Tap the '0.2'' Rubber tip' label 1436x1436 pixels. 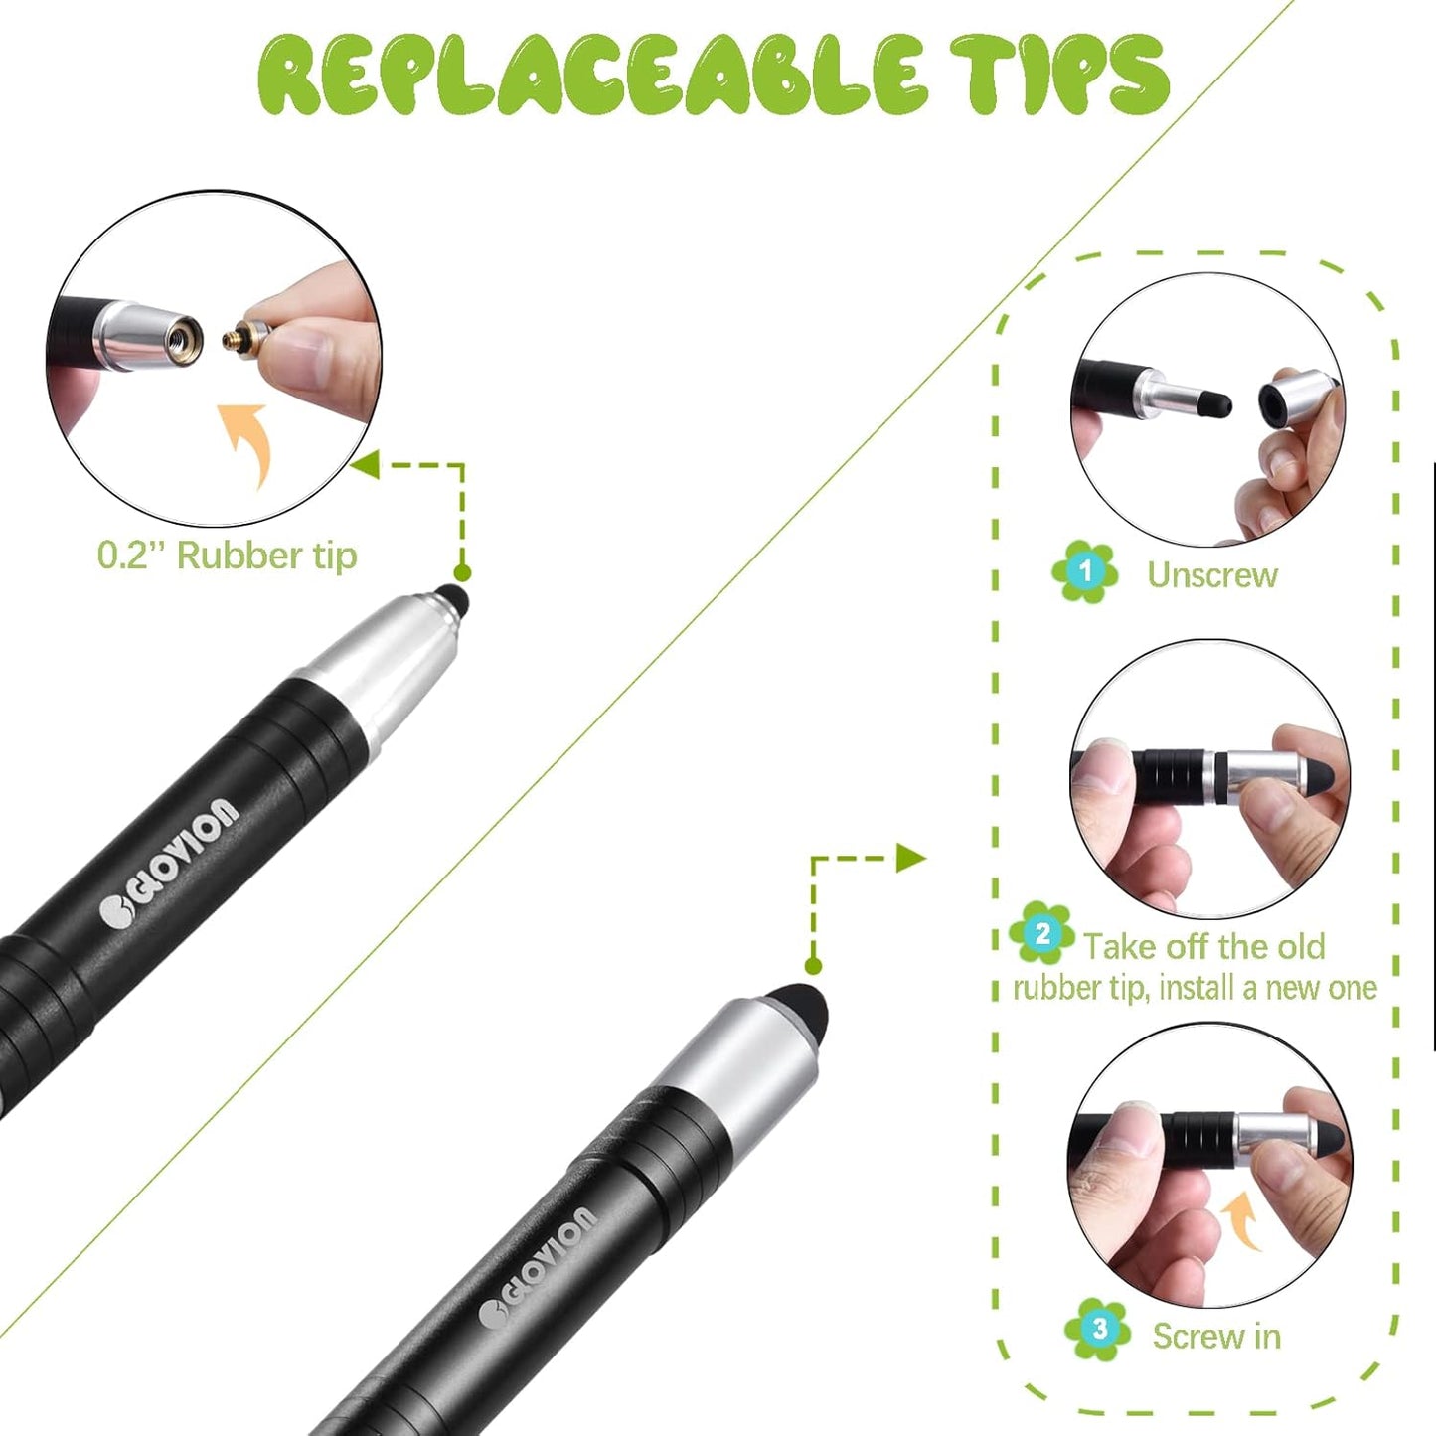pyautogui.click(x=227, y=556)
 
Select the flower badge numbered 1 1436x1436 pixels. pyautogui.click(x=1085, y=571)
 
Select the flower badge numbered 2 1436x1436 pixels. pyautogui.click(x=1041, y=933)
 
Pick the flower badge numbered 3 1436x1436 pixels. pyautogui.click(x=1098, y=1328)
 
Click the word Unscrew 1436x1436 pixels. pyautogui.click(x=1212, y=574)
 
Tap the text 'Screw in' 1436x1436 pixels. pyautogui.click(x=1216, y=1336)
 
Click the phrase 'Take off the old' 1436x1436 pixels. pyautogui.click(x=1203, y=946)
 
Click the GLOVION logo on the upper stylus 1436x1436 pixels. pyautogui.click(x=171, y=861)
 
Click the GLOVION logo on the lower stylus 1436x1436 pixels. pyautogui.click(x=537, y=1268)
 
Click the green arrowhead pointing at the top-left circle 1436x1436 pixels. pyautogui.click(x=365, y=463)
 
